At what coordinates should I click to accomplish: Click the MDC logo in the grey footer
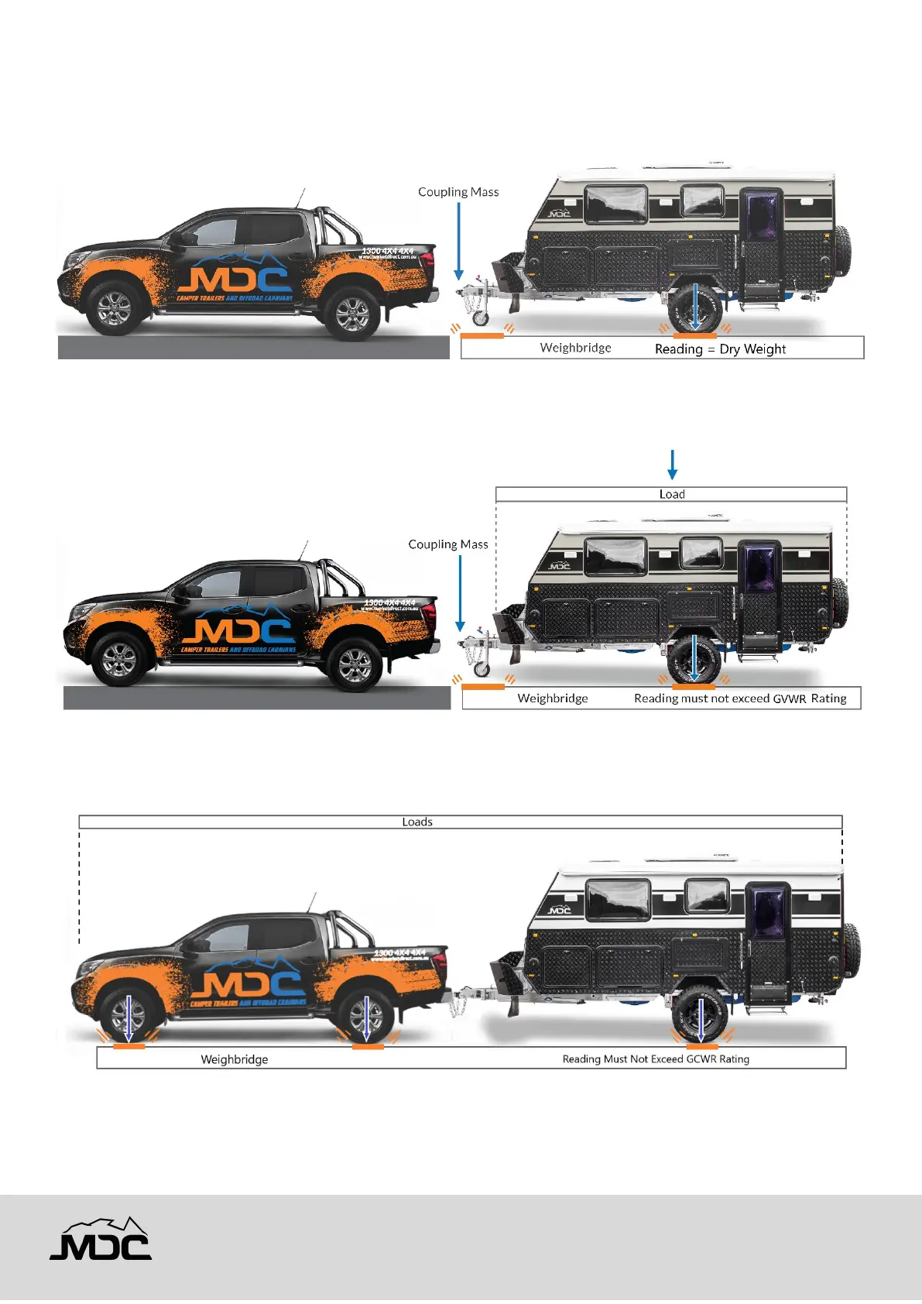click(101, 1239)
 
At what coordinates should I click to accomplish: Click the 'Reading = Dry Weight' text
click(720, 349)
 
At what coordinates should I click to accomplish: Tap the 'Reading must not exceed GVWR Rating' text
click(740, 698)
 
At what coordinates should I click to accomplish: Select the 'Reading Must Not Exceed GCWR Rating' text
click(656, 1059)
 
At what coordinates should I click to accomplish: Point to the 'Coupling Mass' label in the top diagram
click(458, 192)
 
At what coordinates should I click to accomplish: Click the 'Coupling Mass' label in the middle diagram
click(448, 544)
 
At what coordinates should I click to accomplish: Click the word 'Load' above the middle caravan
click(672, 494)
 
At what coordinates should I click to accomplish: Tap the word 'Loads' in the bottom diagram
click(417, 822)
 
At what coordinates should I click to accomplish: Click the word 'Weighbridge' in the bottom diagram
click(235, 1059)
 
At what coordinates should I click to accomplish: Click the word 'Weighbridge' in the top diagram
click(575, 348)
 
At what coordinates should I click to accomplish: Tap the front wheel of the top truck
click(115, 308)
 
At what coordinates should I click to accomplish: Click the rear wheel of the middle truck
click(355, 663)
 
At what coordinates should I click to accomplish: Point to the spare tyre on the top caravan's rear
click(841, 251)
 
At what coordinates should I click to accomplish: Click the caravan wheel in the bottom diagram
click(701, 1014)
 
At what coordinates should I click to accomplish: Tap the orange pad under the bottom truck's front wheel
click(129, 1046)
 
